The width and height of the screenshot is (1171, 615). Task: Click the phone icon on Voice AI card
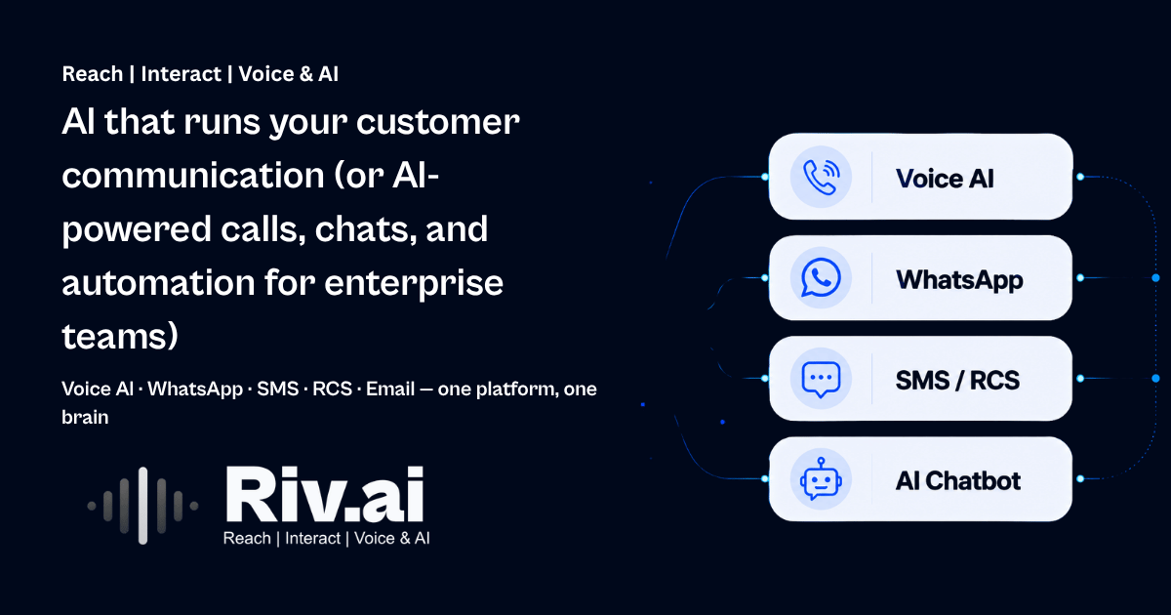tap(822, 178)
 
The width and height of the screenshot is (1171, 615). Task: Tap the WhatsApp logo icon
tap(821, 277)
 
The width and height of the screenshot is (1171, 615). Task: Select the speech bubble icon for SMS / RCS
tap(821, 379)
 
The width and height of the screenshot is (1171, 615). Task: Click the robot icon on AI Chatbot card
tap(821, 479)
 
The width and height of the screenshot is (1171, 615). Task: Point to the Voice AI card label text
tap(945, 179)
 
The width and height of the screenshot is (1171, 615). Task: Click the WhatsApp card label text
tap(959, 280)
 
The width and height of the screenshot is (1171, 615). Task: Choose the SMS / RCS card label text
tap(957, 380)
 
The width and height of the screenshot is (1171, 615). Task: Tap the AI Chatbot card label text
tap(957, 481)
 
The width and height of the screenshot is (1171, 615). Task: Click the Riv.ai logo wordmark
tap(325, 495)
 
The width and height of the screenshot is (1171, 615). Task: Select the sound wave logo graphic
tap(142, 506)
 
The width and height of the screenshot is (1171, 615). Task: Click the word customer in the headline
tap(438, 122)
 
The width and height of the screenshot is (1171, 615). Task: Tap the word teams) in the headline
tap(120, 336)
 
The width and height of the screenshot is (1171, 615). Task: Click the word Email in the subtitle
tap(390, 389)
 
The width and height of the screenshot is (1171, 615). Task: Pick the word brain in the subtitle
tap(85, 418)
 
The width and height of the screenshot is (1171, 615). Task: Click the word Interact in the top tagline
tap(181, 74)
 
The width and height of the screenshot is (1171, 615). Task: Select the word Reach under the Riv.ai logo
tap(247, 538)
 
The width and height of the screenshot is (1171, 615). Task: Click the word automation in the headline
tap(158, 283)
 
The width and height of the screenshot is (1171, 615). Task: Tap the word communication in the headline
tap(193, 176)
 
